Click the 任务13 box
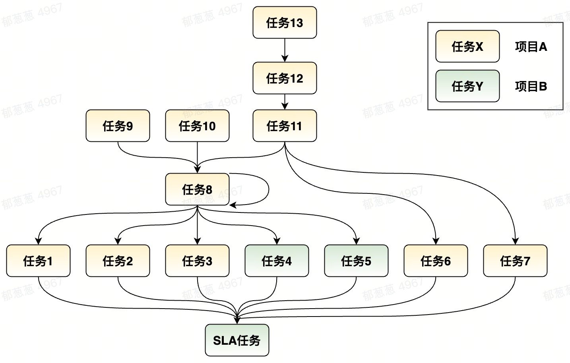(x=285, y=23)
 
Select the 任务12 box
(x=285, y=78)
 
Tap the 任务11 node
(x=285, y=126)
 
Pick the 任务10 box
(x=197, y=126)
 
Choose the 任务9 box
(x=118, y=126)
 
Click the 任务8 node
(x=197, y=189)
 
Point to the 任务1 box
(x=38, y=261)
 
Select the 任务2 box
(x=118, y=261)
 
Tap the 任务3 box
(x=197, y=261)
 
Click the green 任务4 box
(x=277, y=261)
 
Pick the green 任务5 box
(x=356, y=261)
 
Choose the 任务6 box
(x=436, y=261)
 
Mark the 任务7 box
(x=515, y=261)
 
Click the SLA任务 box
(x=237, y=340)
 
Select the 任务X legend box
(x=467, y=46)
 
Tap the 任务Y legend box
(x=467, y=86)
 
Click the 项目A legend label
(x=531, y=47)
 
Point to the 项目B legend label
(x=531, y=87)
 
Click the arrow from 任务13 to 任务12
(x=285, y=50)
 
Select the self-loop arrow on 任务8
(x=269, y=189)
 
